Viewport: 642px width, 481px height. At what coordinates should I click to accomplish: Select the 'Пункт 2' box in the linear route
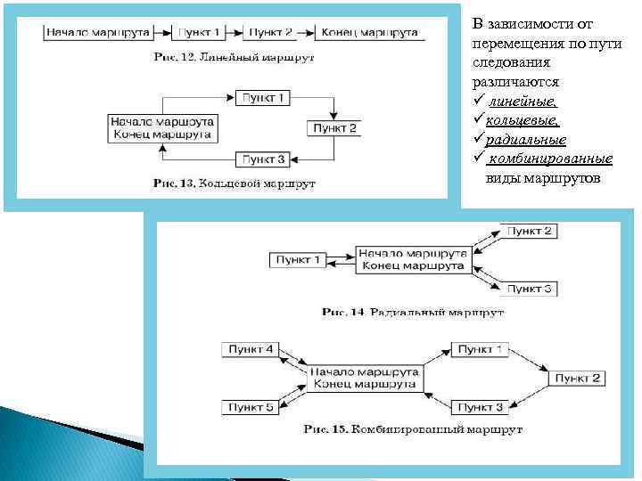coord(271,33)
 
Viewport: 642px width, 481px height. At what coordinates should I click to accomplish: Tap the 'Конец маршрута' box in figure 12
coord(368,33)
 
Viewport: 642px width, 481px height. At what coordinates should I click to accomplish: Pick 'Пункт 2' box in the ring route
coord(334,128)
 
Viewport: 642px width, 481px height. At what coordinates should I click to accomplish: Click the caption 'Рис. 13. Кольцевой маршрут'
coord(235,183)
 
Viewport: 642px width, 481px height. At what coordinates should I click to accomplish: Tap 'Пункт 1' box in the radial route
coord(297,259)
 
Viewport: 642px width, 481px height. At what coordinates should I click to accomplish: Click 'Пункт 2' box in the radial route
coord(531,231)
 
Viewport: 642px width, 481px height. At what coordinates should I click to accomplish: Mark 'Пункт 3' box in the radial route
coord(531,289)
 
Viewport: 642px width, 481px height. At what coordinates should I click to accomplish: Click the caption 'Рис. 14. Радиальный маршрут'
coord(413,313)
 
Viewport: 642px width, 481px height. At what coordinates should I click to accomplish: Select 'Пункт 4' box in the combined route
coord(251,349)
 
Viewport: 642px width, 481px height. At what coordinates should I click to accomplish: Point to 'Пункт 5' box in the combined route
coord(251,407)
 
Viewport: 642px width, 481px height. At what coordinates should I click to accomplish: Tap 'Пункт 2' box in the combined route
coord(578,379)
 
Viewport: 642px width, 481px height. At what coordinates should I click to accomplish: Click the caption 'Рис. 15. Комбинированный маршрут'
coord(413,429)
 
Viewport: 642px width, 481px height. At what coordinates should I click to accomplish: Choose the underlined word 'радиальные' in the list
coord(527,140)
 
